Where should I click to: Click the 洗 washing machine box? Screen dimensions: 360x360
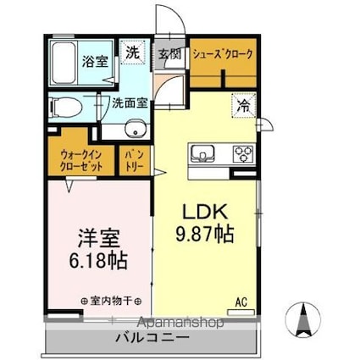coord(132,52)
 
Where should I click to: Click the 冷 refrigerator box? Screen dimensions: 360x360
coord(243,107)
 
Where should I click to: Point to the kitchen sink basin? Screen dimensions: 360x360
coord(203,153)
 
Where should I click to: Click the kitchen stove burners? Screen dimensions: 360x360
coord(242,153)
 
